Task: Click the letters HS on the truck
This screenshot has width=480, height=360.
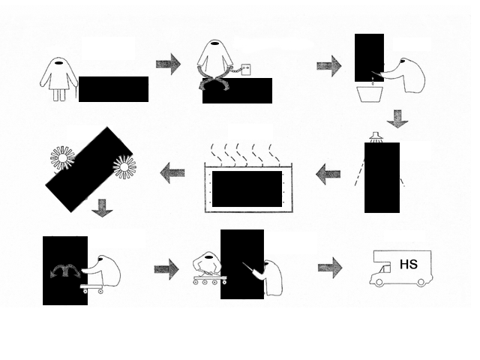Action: (409, 265)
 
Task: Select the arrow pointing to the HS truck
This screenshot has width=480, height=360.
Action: (330, 267)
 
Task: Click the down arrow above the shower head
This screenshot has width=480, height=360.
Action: (397, 118)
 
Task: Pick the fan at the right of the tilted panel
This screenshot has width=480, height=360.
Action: (124, 166)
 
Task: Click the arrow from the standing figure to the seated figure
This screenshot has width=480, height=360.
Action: (168, 64)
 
